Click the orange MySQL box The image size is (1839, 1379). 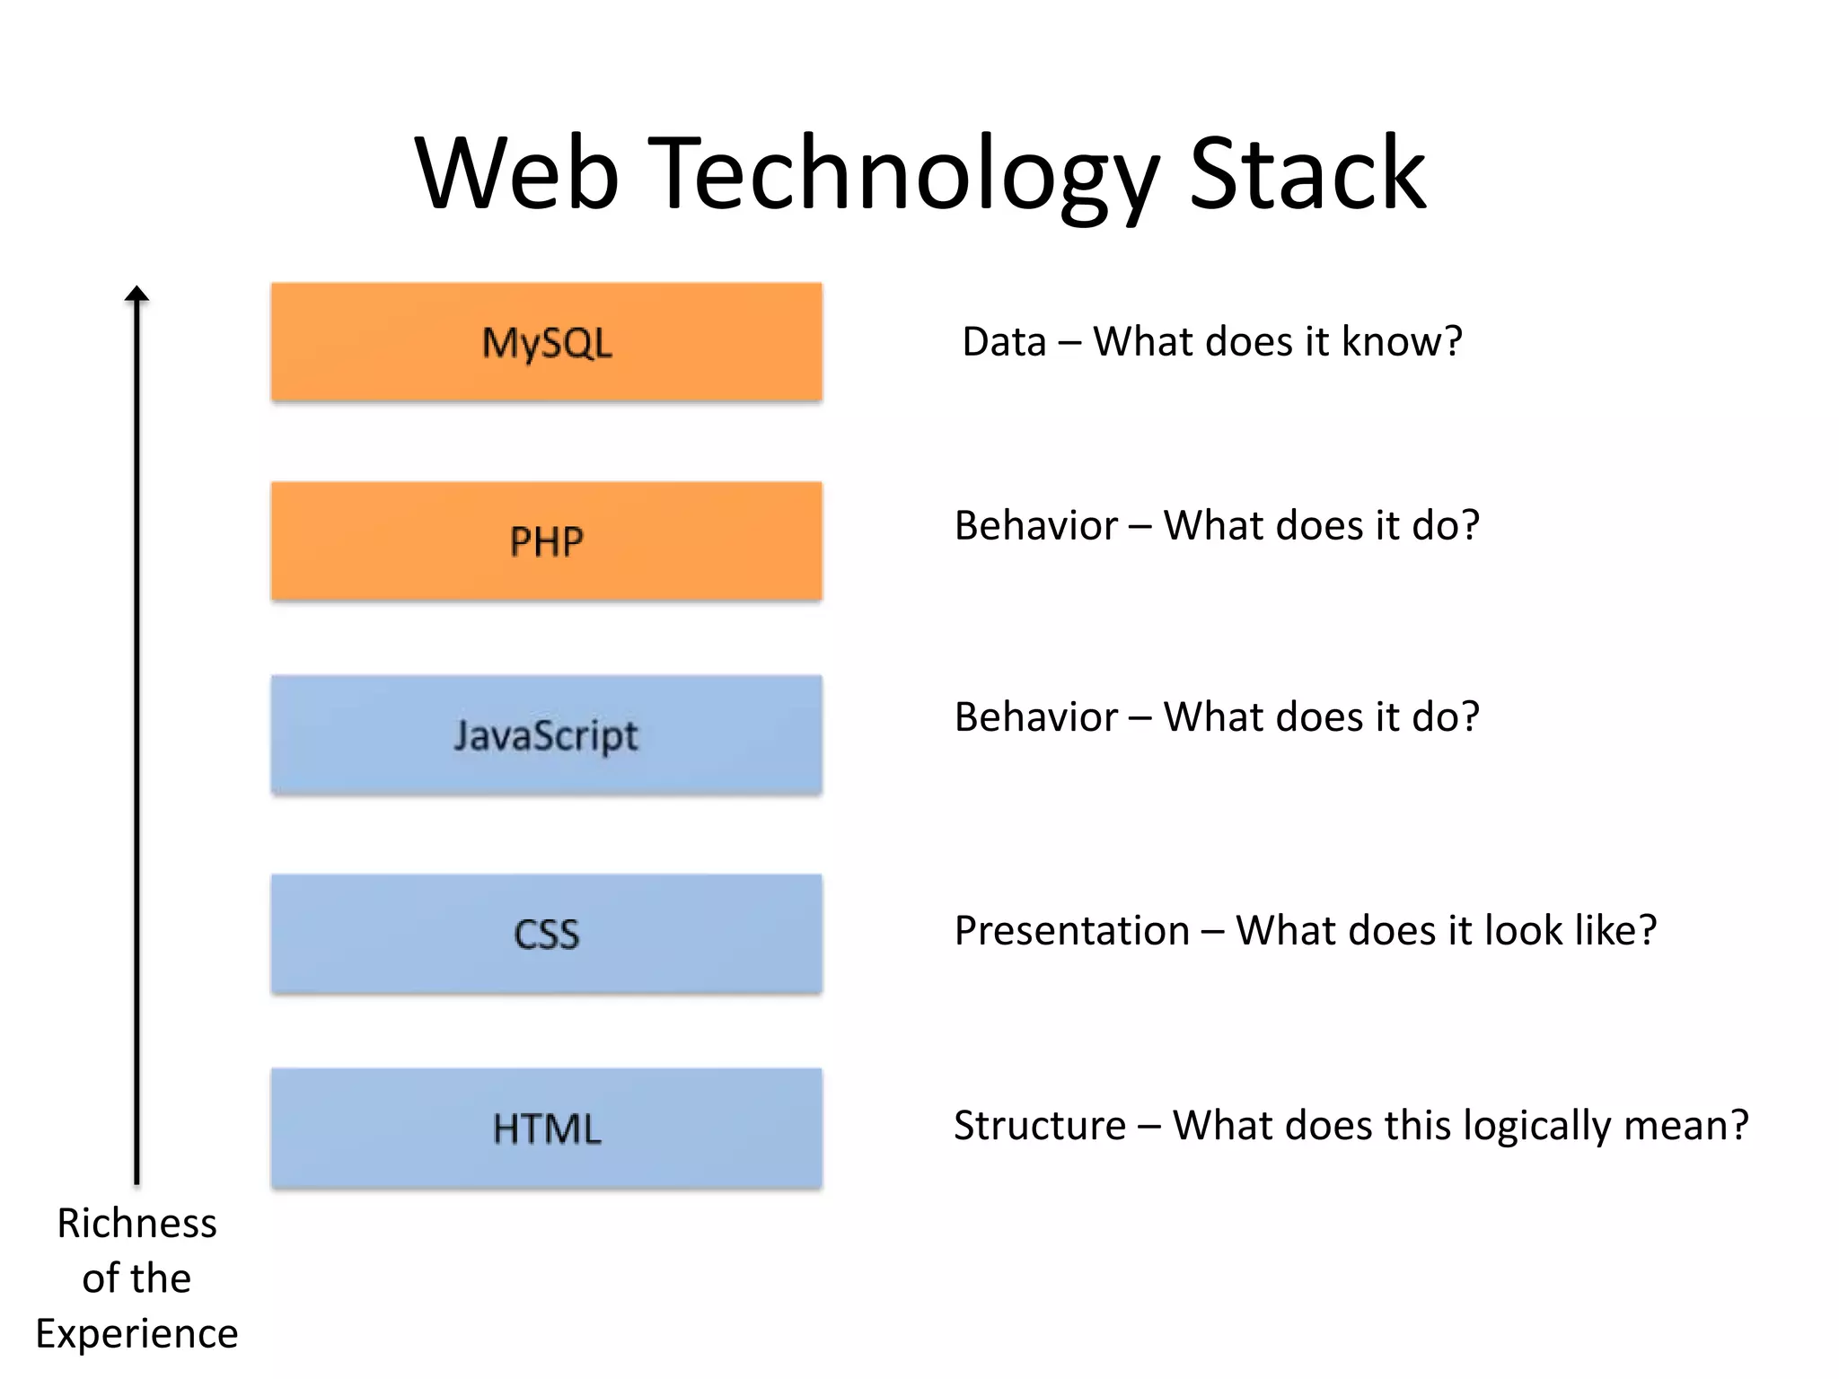point(546,342)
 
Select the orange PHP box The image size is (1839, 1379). point(546,541)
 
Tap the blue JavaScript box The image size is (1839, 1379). point(546,735)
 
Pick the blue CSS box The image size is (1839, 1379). point(546,934)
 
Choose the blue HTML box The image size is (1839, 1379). point(546,1129)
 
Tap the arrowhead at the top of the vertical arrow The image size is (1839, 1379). point(136,294)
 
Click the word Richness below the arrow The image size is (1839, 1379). point(136,1223)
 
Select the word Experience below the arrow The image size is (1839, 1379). point(136,1334)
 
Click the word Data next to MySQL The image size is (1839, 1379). point(1004,342)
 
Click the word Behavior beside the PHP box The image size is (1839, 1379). point(1035,526)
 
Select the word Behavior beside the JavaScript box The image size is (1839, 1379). point(1035,717)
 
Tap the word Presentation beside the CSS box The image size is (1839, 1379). point(1071,931)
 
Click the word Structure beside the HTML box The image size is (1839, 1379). point(1039,1126)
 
